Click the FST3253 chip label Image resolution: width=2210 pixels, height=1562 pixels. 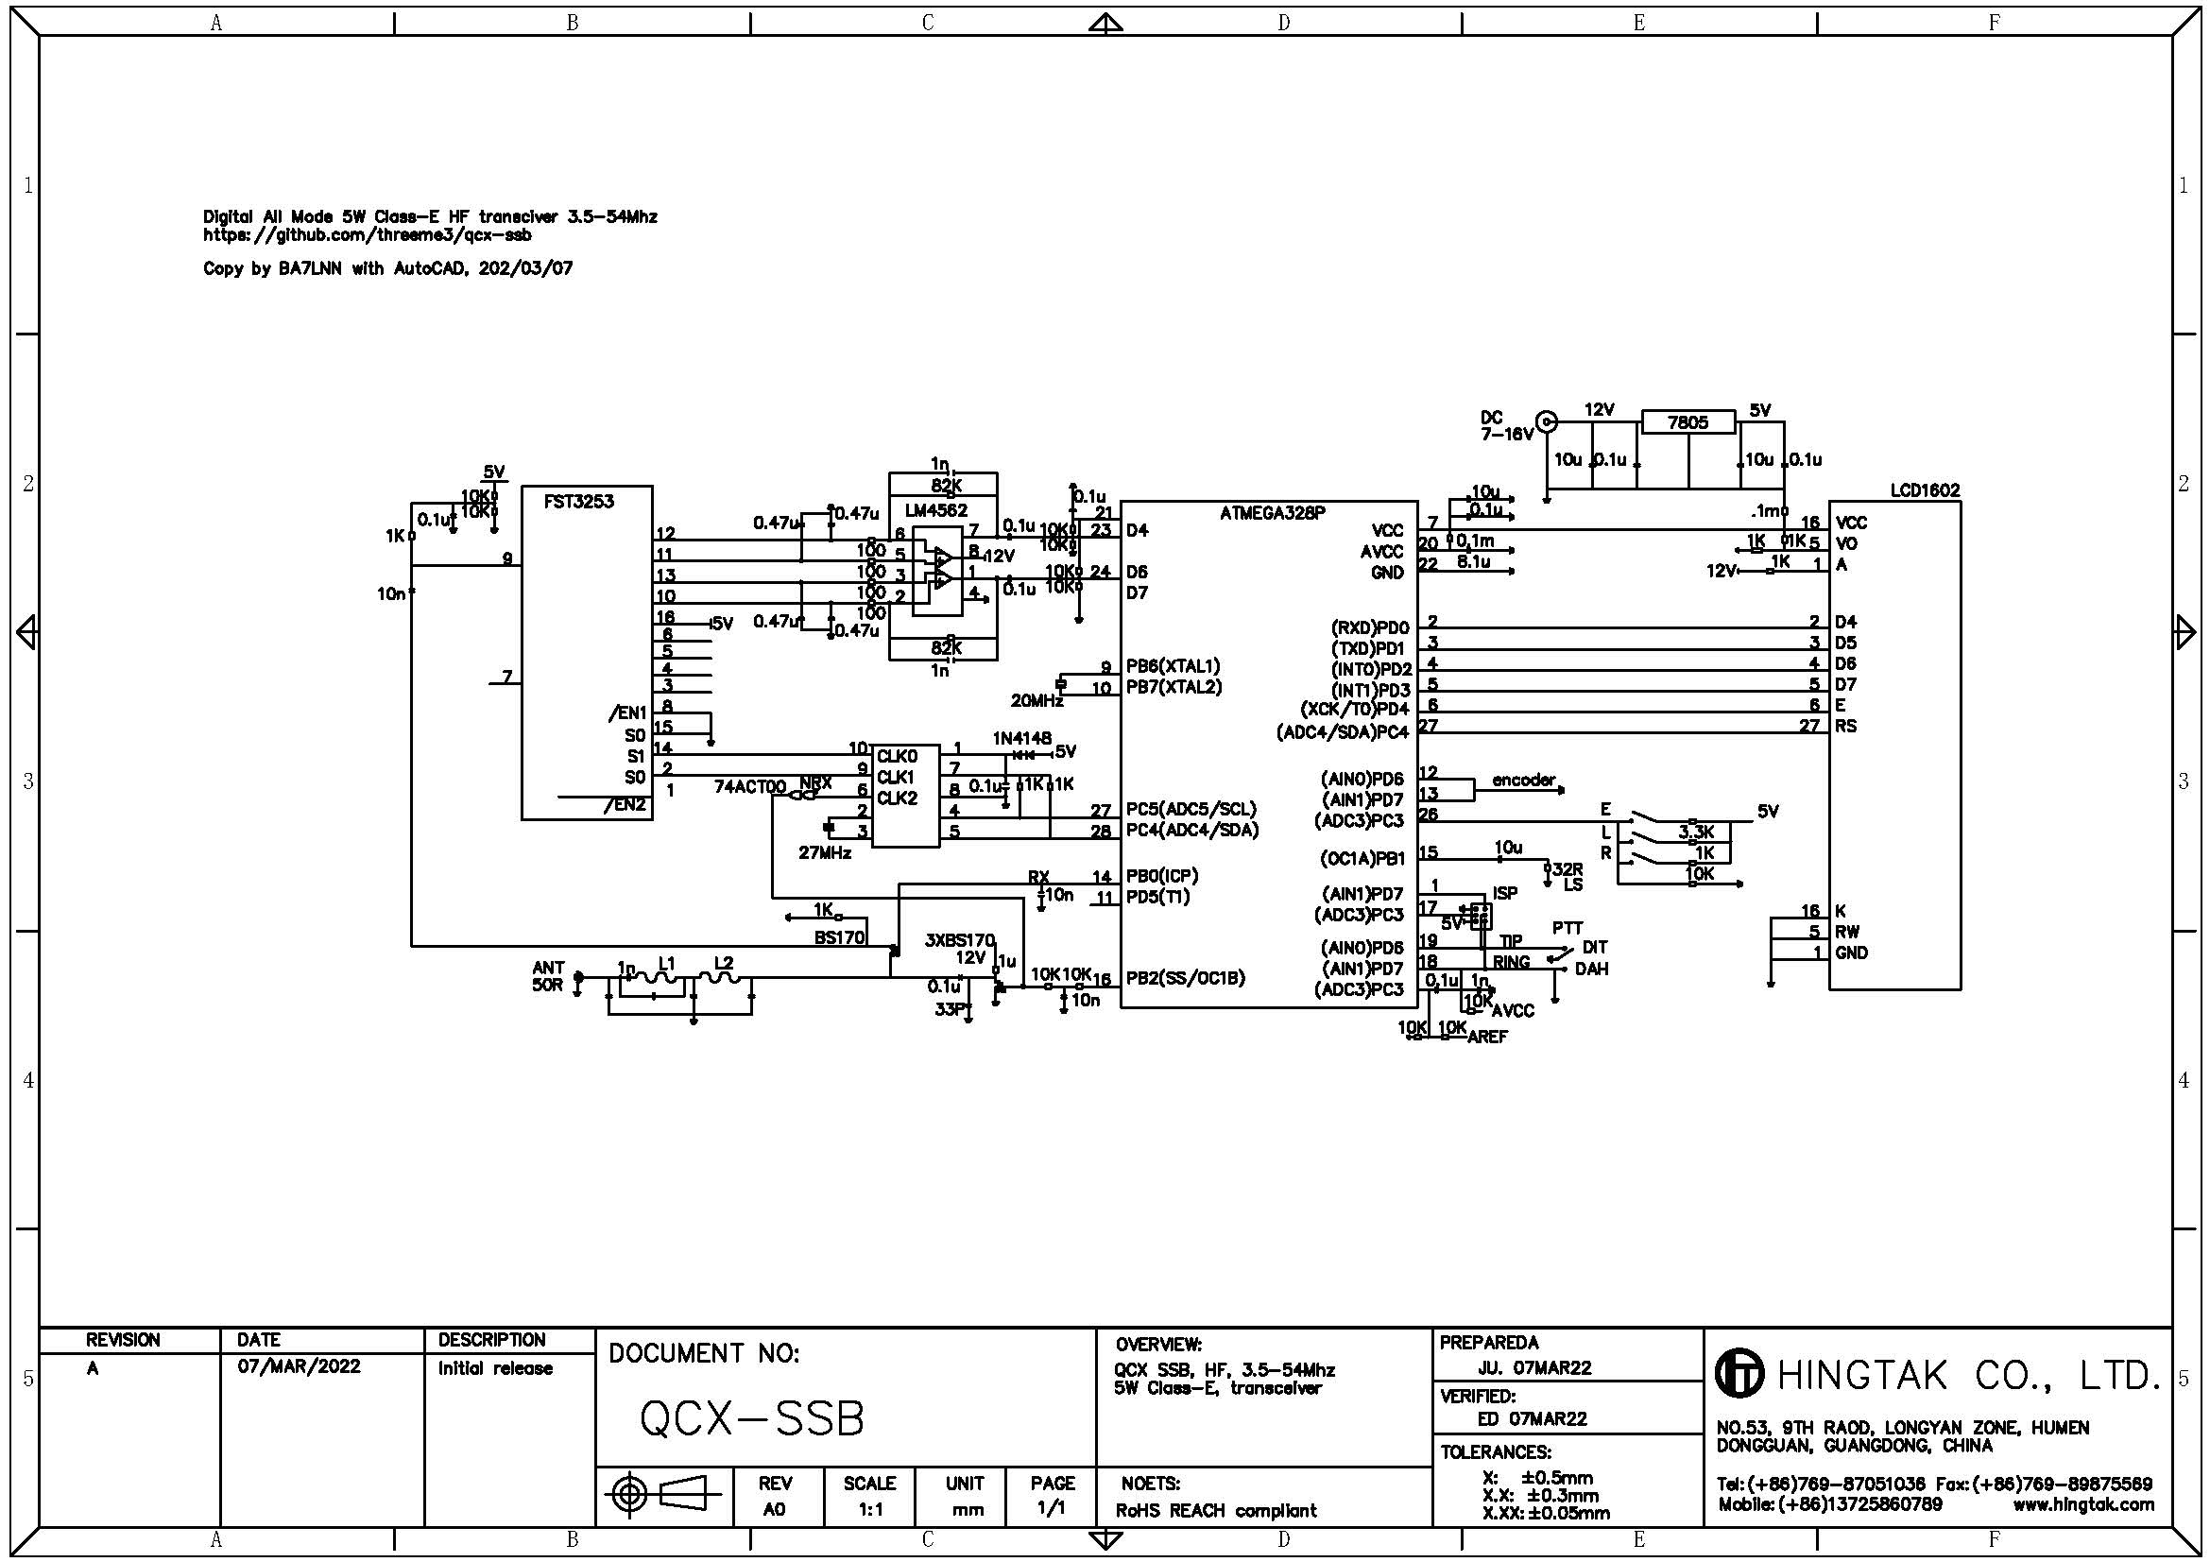click(x=578, y=502)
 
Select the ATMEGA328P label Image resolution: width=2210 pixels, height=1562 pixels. click(x=1272, y=513)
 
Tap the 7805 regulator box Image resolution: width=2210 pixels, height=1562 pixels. click(x=1687, y=422)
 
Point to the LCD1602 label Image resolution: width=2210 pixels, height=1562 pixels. click(x=1924, y=489)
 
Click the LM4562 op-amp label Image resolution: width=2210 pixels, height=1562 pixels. click(x=935, y=510)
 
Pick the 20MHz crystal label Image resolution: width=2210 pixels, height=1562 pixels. click(x=1036, y=700)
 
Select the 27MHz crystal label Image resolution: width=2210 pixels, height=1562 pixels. click(x=824, y=852)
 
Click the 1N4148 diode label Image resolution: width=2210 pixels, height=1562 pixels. click(x=1021, y=738)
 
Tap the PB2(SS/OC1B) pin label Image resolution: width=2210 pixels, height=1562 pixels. click(x=1185, y=978)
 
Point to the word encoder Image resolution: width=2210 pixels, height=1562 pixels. click(x=1523, y=780)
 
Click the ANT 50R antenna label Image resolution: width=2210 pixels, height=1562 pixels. click(x=548, y=976)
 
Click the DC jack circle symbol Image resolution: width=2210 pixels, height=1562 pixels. click(x=1546, y=421)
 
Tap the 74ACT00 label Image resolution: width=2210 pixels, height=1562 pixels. click(x=749, y=786)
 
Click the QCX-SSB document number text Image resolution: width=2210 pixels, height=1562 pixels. click(x=752, y=1417)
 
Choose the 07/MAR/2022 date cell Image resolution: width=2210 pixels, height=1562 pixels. click(x=299, y=1366)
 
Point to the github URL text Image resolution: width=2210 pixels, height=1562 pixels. click(x=367, y=233)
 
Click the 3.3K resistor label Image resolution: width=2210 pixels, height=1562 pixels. click(x=1696, y=832)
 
